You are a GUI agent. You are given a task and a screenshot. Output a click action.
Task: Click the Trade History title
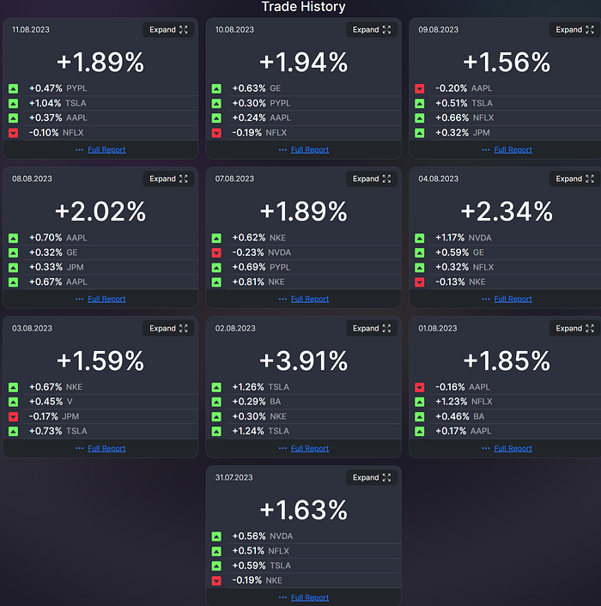point(303,7)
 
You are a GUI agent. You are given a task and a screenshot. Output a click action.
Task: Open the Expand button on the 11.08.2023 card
point(168,30)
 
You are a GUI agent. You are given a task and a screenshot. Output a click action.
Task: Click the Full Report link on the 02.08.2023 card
point(309,448)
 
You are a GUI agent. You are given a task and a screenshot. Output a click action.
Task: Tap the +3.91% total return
point(303,361)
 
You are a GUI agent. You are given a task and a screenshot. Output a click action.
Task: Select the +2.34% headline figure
point(507,211)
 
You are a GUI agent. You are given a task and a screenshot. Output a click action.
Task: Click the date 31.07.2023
point(234,478)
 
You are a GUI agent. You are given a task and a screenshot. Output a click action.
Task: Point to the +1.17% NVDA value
point(451,238)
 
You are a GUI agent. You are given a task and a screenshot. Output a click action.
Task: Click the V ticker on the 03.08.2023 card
point(69,402)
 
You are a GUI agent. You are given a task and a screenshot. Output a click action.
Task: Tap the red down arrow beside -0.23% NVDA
point(216,252)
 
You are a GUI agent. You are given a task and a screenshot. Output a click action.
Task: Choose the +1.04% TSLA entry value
point(45,103)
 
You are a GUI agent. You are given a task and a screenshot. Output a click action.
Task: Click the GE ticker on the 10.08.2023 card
point(275,88)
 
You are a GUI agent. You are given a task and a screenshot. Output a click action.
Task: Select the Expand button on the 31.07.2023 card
point(372,478)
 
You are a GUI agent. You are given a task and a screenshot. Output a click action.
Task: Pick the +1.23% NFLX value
point(451,402)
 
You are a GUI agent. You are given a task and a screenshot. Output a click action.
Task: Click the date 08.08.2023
point(31,179)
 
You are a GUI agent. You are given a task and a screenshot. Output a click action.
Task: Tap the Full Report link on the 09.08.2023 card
point(513,149)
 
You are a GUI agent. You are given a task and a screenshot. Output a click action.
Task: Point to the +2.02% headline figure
point(100,211)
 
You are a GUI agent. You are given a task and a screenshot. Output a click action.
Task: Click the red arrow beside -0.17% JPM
point(14,416)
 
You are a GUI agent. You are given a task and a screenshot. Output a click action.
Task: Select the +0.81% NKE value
point(248,282)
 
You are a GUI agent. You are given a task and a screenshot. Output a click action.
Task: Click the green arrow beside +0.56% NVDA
point(216,536)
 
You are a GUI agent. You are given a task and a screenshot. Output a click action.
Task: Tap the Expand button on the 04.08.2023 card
point(574,179)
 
